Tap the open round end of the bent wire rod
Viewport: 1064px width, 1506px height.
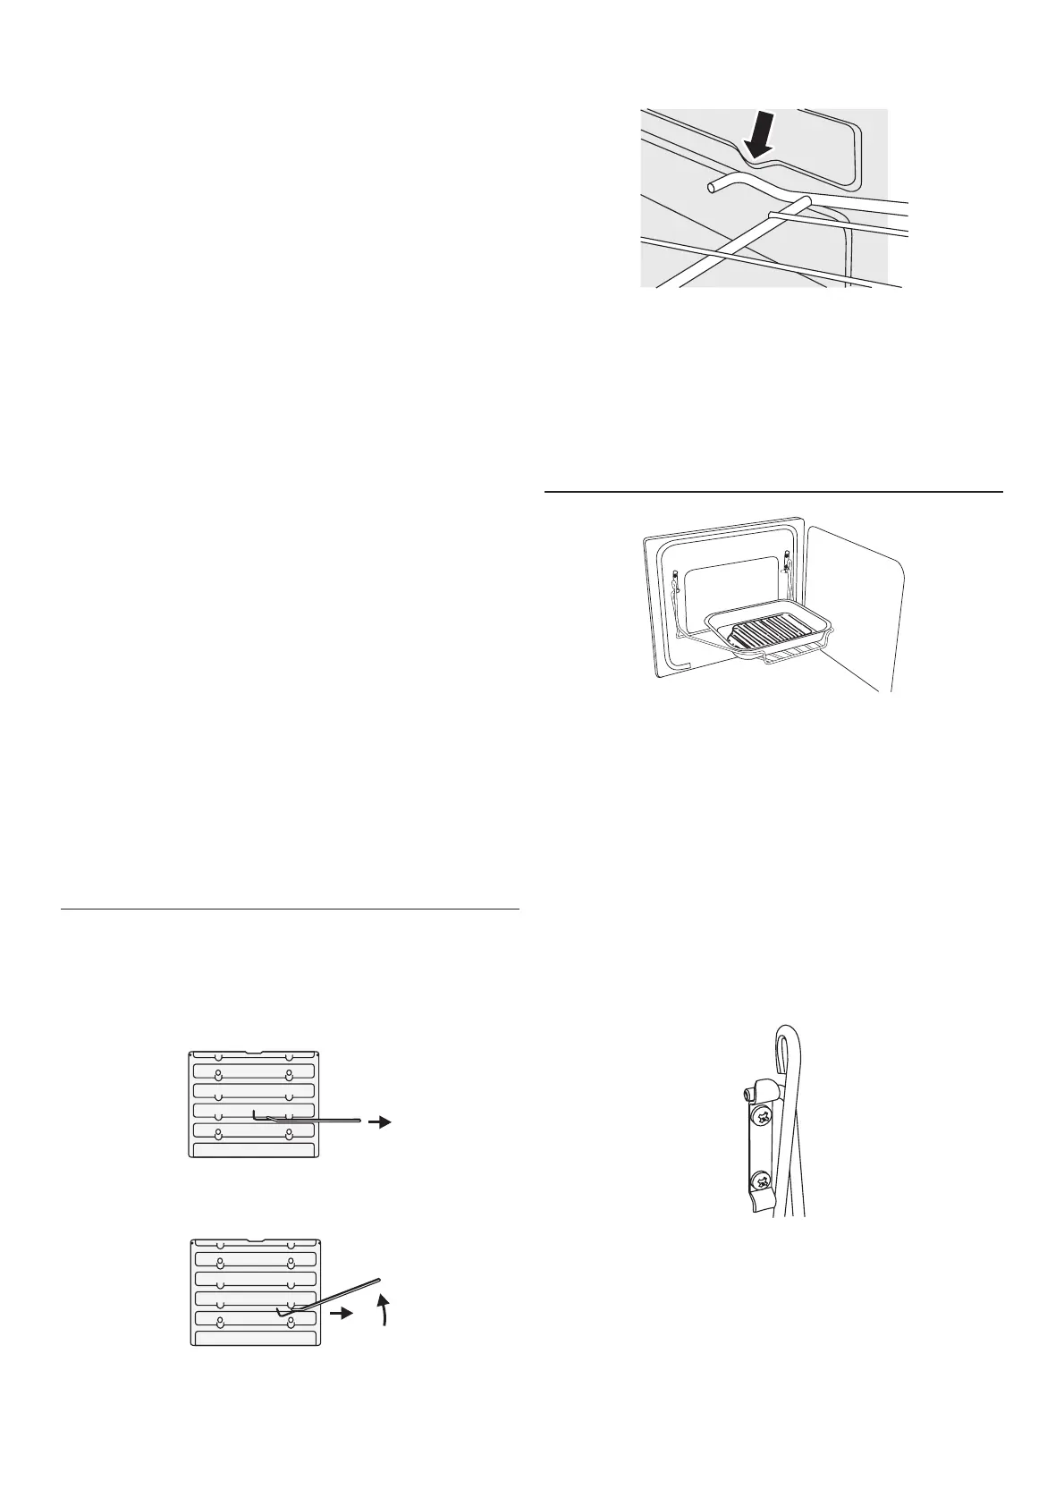click(x=711, y=187)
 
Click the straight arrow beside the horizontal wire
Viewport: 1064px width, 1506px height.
click(x=382, y=1121)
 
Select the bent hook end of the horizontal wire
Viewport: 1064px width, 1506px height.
click(x=255, y=1114)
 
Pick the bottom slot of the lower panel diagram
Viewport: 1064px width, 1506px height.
click(x=255, y=1363)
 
